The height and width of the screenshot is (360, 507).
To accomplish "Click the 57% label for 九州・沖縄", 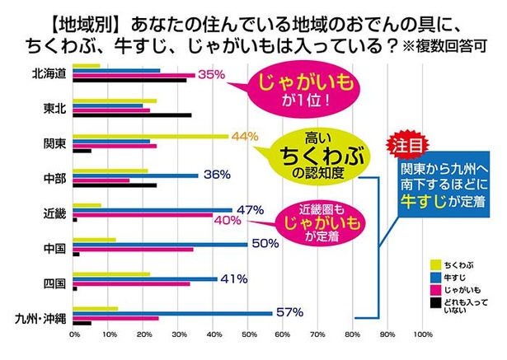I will [289, 312].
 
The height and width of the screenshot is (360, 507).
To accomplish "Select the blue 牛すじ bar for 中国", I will [161, 245].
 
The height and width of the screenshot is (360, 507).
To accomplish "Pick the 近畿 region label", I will [55, 213].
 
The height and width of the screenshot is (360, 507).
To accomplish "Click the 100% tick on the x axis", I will [422, 334].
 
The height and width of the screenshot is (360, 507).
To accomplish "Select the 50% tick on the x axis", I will [248, 334].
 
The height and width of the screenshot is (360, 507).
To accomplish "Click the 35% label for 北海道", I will [212, 75].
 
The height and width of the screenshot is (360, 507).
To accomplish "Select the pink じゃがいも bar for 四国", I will [132, 283].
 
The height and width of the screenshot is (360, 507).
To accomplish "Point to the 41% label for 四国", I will [234, 278].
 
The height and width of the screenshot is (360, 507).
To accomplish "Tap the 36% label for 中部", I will [216, 175].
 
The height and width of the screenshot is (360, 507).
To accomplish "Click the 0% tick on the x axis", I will [74, 334].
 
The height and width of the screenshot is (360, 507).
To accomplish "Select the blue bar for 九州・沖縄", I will [173, 313].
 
